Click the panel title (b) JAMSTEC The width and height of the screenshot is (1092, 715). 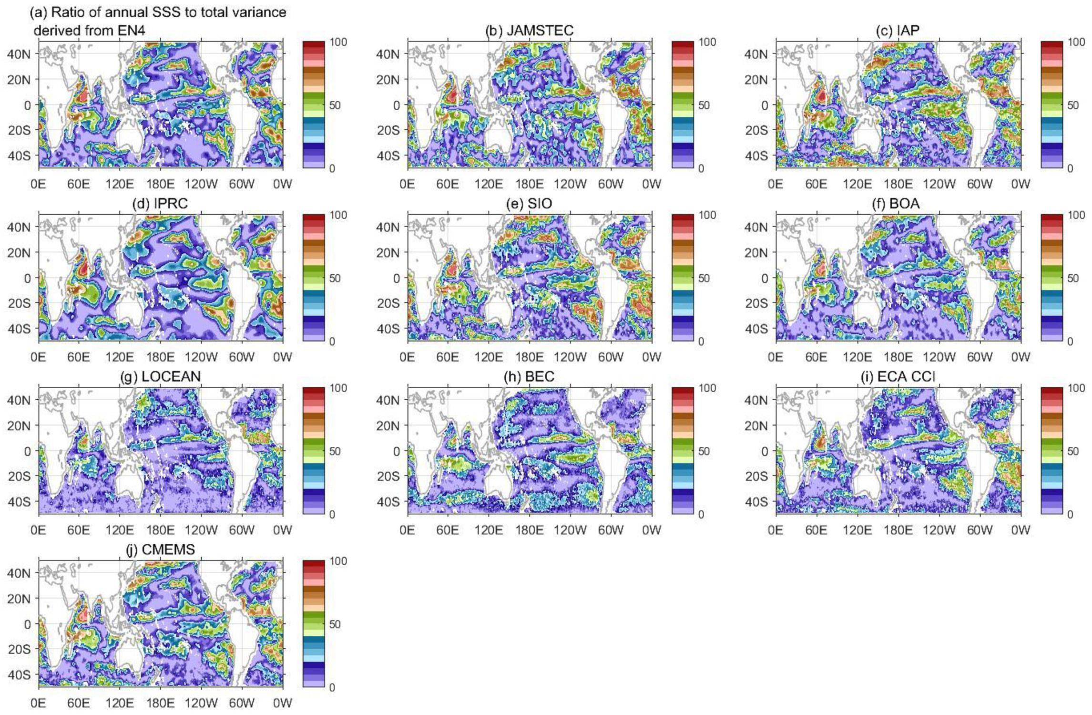pos(529,31)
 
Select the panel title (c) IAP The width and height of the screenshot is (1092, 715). pos(898,31)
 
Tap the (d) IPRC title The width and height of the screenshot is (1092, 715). pos(160,204)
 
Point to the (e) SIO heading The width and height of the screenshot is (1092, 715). pos(529,204)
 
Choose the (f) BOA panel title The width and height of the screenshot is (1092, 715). pos(898,204)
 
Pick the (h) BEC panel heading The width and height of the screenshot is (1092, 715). pos(529,377)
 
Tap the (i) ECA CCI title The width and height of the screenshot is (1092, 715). pos(898,377)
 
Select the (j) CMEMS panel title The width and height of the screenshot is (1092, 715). pos(160,550)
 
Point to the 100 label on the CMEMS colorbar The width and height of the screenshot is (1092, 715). pos(338,561)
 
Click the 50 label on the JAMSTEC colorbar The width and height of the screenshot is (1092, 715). pos(704,105)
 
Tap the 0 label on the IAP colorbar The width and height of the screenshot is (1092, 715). pos(1070,168)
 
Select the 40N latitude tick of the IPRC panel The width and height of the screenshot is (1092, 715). pos(19,227)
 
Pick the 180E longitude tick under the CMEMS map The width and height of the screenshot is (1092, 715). pos(160,703)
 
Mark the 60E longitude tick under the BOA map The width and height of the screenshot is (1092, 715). pos(816,357)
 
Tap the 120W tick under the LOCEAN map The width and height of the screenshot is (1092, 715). pos(201,529)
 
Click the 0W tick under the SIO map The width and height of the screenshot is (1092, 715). pos(651,357)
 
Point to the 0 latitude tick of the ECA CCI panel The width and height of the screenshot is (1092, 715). pos(765,451)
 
